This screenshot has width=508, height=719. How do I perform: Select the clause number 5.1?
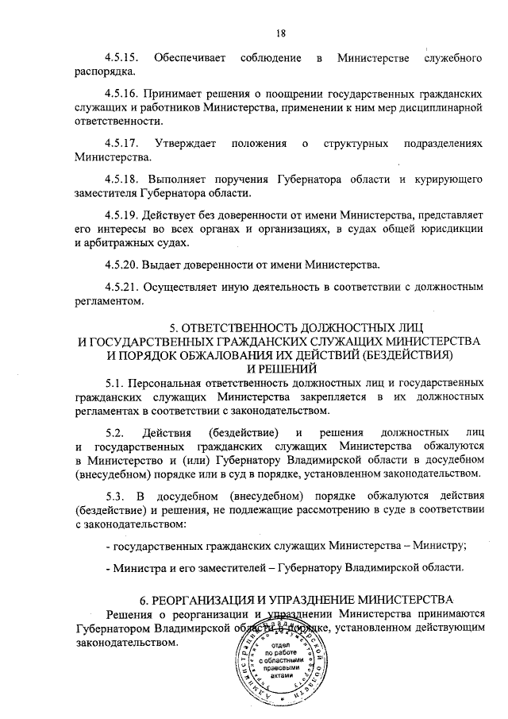click(x=116, y=382)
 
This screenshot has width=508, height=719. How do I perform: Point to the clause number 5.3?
click(x=116, y=497)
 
